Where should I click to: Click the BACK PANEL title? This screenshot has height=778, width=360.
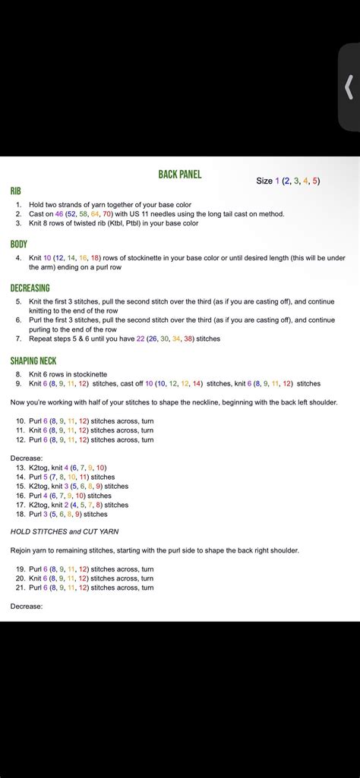[180, 175]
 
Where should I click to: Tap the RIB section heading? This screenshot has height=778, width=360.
[15, 191]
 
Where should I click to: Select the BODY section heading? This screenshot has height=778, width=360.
[19, 244]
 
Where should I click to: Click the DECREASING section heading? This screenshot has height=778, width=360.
[30, 288]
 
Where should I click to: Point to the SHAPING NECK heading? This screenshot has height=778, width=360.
[33, 361]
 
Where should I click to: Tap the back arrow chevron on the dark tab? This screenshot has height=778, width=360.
[349, 87]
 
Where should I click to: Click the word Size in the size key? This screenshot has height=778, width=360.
[264, 181]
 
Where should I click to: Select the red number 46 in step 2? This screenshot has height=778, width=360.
[59, 214]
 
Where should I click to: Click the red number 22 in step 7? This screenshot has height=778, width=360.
[141, 339]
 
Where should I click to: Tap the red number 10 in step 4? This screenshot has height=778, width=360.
[48, 258]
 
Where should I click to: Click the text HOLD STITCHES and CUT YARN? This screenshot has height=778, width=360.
[65, 531]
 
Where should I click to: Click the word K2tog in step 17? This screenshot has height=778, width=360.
[39, 505]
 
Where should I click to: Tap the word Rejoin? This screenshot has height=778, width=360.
[22, 550]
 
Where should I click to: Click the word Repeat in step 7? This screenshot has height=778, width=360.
[40, 339]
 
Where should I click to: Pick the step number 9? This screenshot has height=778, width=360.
[18, 383]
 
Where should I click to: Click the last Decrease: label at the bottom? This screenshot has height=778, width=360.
[27, 606]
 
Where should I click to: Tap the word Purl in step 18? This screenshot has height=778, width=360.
[36, 514]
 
